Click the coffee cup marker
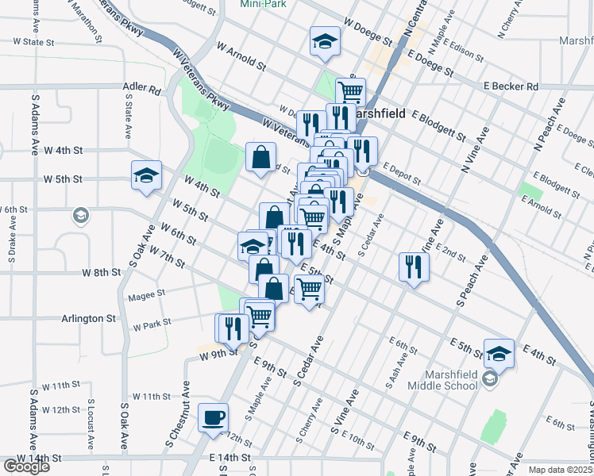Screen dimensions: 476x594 (x=213, y=417)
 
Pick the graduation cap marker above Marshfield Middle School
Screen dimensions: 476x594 (x=499, y=352)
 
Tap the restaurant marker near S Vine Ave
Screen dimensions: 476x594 (x=414, y=266)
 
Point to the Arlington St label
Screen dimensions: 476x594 (x=89, y=318)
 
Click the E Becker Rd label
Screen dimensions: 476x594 (x=511, y=86)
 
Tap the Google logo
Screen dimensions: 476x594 (x=26, y=466)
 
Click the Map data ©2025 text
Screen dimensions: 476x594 (x=561, y=470)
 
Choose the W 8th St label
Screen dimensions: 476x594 (x=102, y=272)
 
